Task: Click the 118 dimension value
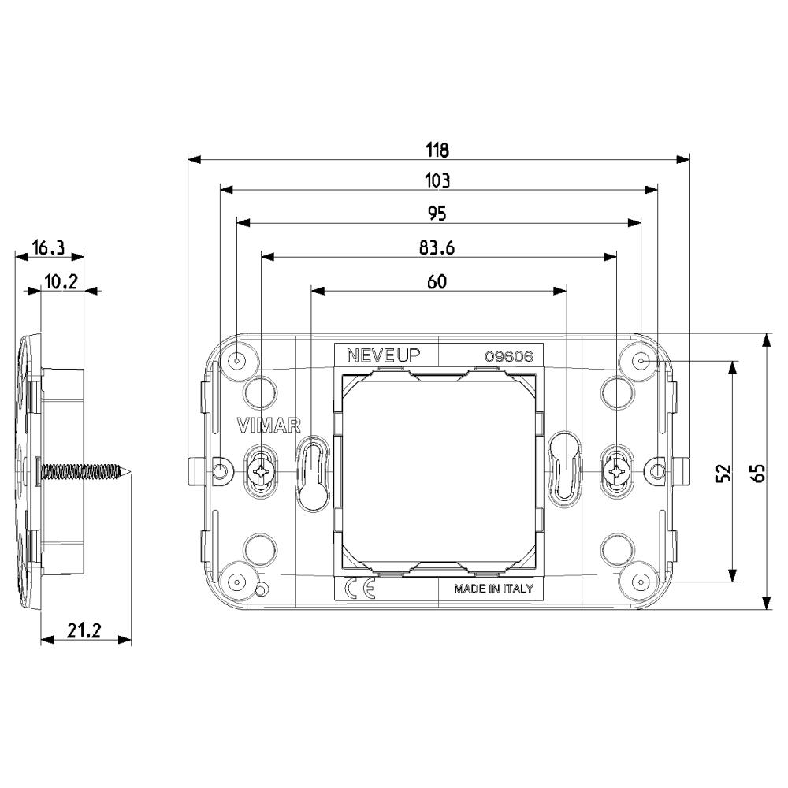tap(437, 150)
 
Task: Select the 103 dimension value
tap(437, 180)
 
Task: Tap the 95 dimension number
tap(437, 214)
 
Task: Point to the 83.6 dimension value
tap(437, 247)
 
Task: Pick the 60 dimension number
tap(437, 282)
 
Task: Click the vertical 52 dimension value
tap(723, 473)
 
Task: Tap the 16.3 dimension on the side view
tap(48, 247)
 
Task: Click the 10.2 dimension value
tap(61, 282)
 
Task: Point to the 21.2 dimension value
tap(84, 630)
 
